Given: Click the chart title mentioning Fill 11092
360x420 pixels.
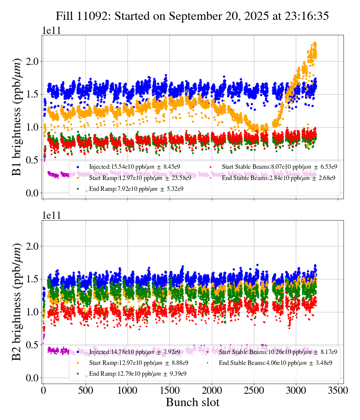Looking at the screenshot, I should pos(192,16).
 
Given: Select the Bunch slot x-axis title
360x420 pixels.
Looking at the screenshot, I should pos(192,402).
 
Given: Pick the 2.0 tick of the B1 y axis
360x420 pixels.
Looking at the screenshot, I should pos(32,61).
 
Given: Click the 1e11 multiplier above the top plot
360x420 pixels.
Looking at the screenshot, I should pos(51,30).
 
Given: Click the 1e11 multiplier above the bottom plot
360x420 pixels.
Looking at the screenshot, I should pos(51,215).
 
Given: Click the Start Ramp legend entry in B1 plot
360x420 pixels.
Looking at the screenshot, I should pos(140,178).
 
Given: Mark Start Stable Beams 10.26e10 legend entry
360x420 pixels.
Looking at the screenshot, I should pos(277,352).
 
